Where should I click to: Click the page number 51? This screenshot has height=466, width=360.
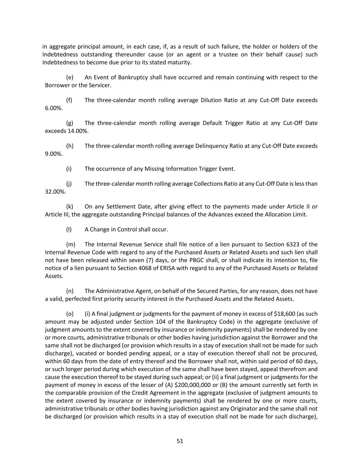180,441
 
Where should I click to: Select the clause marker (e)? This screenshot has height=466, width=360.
70,77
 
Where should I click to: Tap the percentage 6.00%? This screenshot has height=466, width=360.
54,108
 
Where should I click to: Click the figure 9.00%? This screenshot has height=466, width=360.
54,154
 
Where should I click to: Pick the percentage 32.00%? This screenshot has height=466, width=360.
55,192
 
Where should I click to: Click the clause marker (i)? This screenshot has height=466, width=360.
69,169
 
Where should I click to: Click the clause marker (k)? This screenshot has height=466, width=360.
70,207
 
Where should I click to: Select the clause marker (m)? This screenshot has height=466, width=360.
70,244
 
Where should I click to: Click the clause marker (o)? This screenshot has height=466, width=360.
70,314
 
